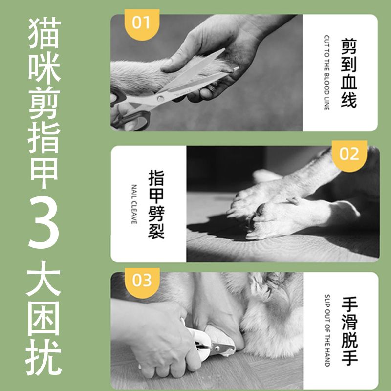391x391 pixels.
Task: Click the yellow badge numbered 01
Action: click(142, 24)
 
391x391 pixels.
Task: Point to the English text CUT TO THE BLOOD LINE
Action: click(326, 72)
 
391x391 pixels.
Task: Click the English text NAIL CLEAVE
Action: click(134, 204)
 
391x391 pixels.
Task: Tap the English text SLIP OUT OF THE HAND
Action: click(327, 330)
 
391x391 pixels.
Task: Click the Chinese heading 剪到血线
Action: click(349, 73)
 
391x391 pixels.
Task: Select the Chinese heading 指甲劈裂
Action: click(156, 204)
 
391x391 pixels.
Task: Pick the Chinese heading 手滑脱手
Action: click(349, 331)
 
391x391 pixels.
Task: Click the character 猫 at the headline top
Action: click(44, 33)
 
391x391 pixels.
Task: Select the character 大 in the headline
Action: click(43, 278)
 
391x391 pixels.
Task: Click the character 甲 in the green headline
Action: click(44, 173)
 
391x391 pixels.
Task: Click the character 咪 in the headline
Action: click(44, 68)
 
